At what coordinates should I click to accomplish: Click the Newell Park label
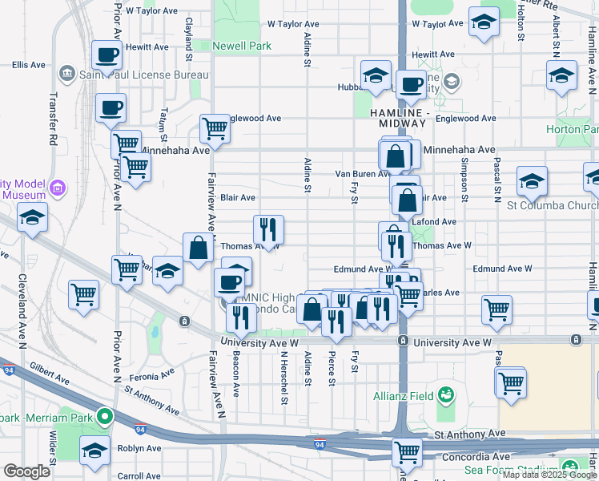coord(242,46)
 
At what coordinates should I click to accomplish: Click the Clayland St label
coord(189,38)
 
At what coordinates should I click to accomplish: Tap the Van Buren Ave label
coord(362,174)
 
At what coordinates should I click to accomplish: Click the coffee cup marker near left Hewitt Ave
coord(107,55)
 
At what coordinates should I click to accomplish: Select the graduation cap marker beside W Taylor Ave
coord(484,22)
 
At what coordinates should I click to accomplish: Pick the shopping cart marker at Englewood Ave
coord(215,127)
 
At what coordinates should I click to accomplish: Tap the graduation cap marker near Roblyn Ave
coord(94,451)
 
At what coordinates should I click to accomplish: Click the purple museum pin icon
coord(58,188)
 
